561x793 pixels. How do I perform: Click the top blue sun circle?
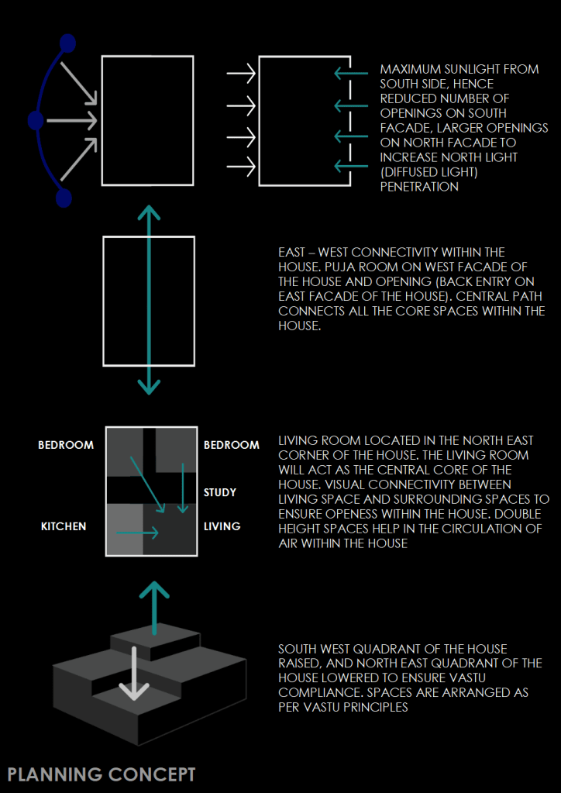pos(67,43)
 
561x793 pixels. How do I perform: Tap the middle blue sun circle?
pos(35,121)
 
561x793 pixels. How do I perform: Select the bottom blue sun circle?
pos(64,198)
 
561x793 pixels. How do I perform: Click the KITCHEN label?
pos(64,526)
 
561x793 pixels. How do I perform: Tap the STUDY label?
pos(220,492)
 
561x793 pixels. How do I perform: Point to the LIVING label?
pos(222,526)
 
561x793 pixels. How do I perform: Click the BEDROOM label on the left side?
pos(66,445)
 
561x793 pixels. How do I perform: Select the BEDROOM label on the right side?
pos(231,445)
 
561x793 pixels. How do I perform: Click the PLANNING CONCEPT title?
pos(102,774)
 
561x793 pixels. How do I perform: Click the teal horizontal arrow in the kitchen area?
pos(137,533)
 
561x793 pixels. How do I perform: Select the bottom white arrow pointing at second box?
pos(241,164)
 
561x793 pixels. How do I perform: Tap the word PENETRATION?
pos(418,187)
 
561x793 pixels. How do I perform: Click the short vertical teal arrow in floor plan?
pos(183,488)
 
